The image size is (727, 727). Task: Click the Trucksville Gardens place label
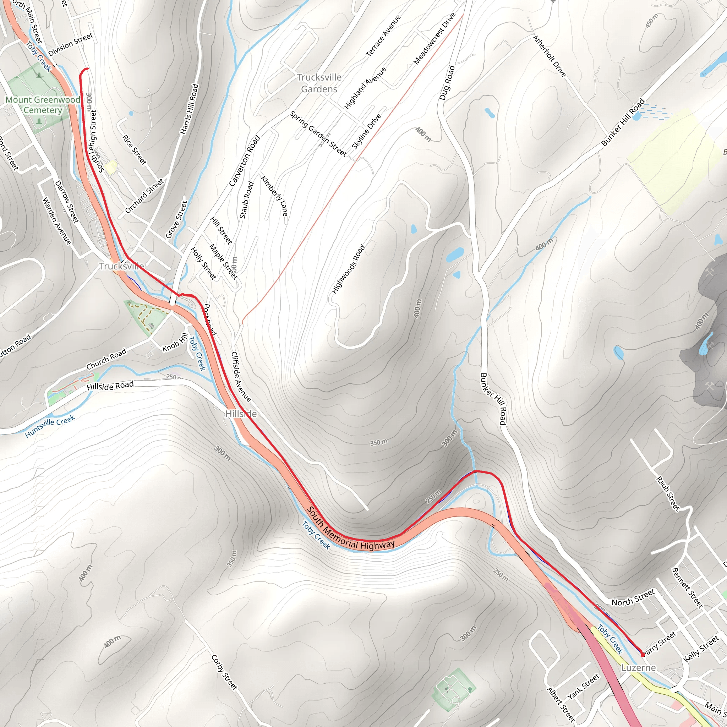tap(319, 83)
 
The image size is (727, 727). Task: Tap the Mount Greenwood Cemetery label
tap(43, 105)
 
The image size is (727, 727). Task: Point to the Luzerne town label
tap(638, 668)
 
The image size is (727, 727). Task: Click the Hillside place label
tap(241, 414)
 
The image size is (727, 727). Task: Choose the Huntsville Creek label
tap(50, 426)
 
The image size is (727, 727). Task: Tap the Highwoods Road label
tap(348, 269)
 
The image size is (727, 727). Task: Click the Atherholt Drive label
tap(549, 56)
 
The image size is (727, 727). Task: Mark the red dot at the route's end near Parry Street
tap(643, 655)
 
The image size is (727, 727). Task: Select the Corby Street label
tap(224, 672)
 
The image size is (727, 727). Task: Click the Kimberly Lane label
tap(275, 196)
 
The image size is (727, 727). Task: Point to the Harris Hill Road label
tap(189, 109)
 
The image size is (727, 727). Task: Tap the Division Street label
tap(70, 44)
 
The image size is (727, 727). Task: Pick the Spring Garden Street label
tap(318, 133)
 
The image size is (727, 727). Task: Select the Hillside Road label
tap(110, 386)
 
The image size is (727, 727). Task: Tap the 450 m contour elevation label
tap(652, 21)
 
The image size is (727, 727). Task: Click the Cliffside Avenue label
tap(241, 377)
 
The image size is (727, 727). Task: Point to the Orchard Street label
tap(144, 196)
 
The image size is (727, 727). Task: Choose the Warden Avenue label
tap(56, 221)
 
